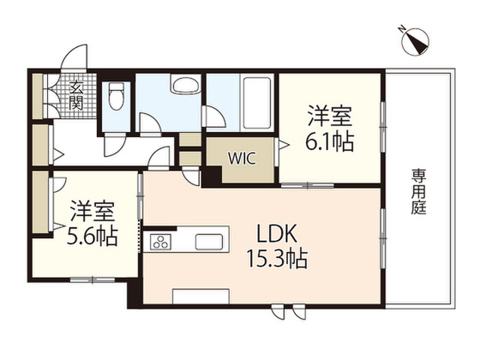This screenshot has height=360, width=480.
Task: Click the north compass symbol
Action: pyautogui.click(x=415, y=41)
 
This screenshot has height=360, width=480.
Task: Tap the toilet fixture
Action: pyautogui.click(x=116, y=96)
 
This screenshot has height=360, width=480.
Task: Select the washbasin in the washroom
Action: pyautogui.click(x=185, y=84)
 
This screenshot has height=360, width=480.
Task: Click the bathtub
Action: pyautogui.click(x=256, y=103)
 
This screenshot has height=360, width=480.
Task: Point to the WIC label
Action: pyautogui.click(x=241, y=158)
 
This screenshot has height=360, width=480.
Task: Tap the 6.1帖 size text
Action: pyautogui.click(x=330, y=142)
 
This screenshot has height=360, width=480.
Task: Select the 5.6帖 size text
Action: pyautogui.click(x=92, y=236)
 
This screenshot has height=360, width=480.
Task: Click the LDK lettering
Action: pyautogui.click(x=277, y=233)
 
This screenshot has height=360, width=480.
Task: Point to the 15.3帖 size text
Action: pyautogui.click(x=277, y=259)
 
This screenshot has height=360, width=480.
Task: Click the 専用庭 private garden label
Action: pyautogui.click(x=418, y=192)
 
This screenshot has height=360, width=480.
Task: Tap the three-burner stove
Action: pyautogui.click(x=160, y=241)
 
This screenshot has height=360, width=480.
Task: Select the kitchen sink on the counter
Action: pyautogui.click(x=208, y=241)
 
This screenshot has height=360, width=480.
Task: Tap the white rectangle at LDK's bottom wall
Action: pyautogui.click(x=201, y=296)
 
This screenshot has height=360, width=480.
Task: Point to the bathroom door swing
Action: pyautogui.click(x=214, y=116)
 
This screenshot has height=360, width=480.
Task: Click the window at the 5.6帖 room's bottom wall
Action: pyautogui.click(x=92, y=280)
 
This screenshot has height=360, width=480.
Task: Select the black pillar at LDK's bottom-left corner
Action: pyautogui.click(x=135, y=293)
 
